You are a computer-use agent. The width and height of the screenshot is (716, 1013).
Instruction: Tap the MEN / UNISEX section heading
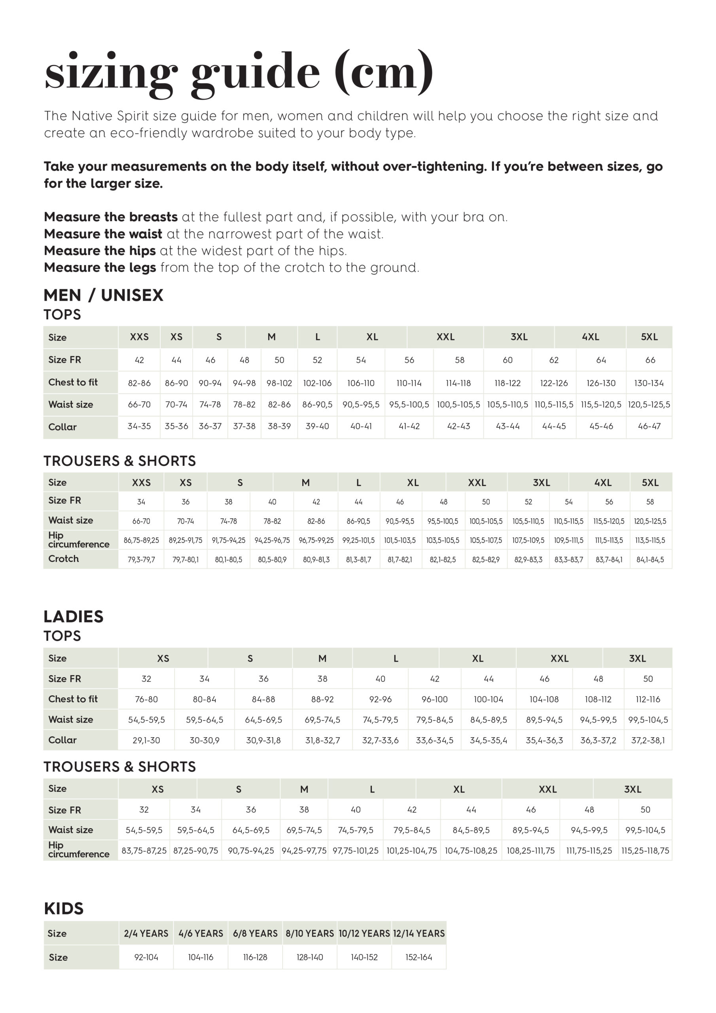[103, 295]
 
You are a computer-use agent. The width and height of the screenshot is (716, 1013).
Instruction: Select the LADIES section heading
[73, 617]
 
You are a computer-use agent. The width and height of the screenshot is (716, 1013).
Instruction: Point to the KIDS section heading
[64, 908]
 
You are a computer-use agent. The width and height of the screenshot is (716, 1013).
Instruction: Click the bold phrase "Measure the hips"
[100, 250]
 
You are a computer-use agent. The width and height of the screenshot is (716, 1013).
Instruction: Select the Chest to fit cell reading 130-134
[648, 383]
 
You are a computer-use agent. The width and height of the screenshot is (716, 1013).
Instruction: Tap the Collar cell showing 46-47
[649, 426]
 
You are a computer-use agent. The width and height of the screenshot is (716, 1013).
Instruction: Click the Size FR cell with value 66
[650, 360]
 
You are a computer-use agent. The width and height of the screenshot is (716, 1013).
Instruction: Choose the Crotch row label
[64, 559]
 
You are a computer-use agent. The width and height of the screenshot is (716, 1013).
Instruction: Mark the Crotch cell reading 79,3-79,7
[141, 560]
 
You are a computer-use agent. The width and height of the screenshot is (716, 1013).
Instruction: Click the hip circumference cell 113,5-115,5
[650, 540]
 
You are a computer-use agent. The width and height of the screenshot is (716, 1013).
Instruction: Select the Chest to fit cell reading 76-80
[146, 699]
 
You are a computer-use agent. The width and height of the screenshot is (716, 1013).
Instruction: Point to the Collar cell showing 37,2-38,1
[648, 740]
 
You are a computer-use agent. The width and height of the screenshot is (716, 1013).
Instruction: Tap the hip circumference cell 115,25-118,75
[645, 850]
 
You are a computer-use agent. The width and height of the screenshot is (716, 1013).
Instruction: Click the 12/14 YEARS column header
[419, 933]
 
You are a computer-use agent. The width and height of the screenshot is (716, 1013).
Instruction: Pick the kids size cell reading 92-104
[146, 957]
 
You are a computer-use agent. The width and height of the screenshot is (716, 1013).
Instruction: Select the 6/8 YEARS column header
[255, 933]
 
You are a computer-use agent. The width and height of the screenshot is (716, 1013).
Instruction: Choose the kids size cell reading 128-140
[310, 957]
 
